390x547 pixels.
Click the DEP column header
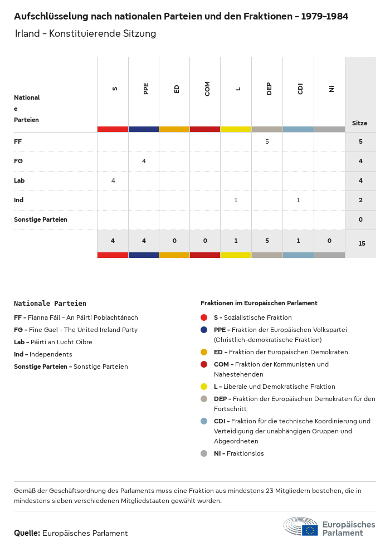click(269, 89)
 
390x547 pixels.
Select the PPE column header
click(146, 89)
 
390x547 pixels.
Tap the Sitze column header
click(359, 123)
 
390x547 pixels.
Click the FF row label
click(18, 142)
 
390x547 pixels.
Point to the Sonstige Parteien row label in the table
click(41, 219)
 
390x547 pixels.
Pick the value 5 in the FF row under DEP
click(267, 142)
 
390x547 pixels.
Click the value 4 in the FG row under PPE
click(144, 161)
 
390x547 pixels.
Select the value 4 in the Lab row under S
click(113, 180)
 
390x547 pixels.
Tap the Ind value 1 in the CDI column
click(298, 200)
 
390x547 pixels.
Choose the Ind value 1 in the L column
click(236, 200)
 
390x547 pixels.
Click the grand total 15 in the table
click(362, 243)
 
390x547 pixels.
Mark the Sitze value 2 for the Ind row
click(360, 200)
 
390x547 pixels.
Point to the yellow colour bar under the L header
click(236, 129)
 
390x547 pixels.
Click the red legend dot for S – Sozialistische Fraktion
click(204, 318)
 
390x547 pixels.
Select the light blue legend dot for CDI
click(204, 421)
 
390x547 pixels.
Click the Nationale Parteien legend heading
click(50, 304)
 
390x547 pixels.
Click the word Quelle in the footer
click(27, 533)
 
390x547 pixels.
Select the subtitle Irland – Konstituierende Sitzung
click(85, 33)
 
